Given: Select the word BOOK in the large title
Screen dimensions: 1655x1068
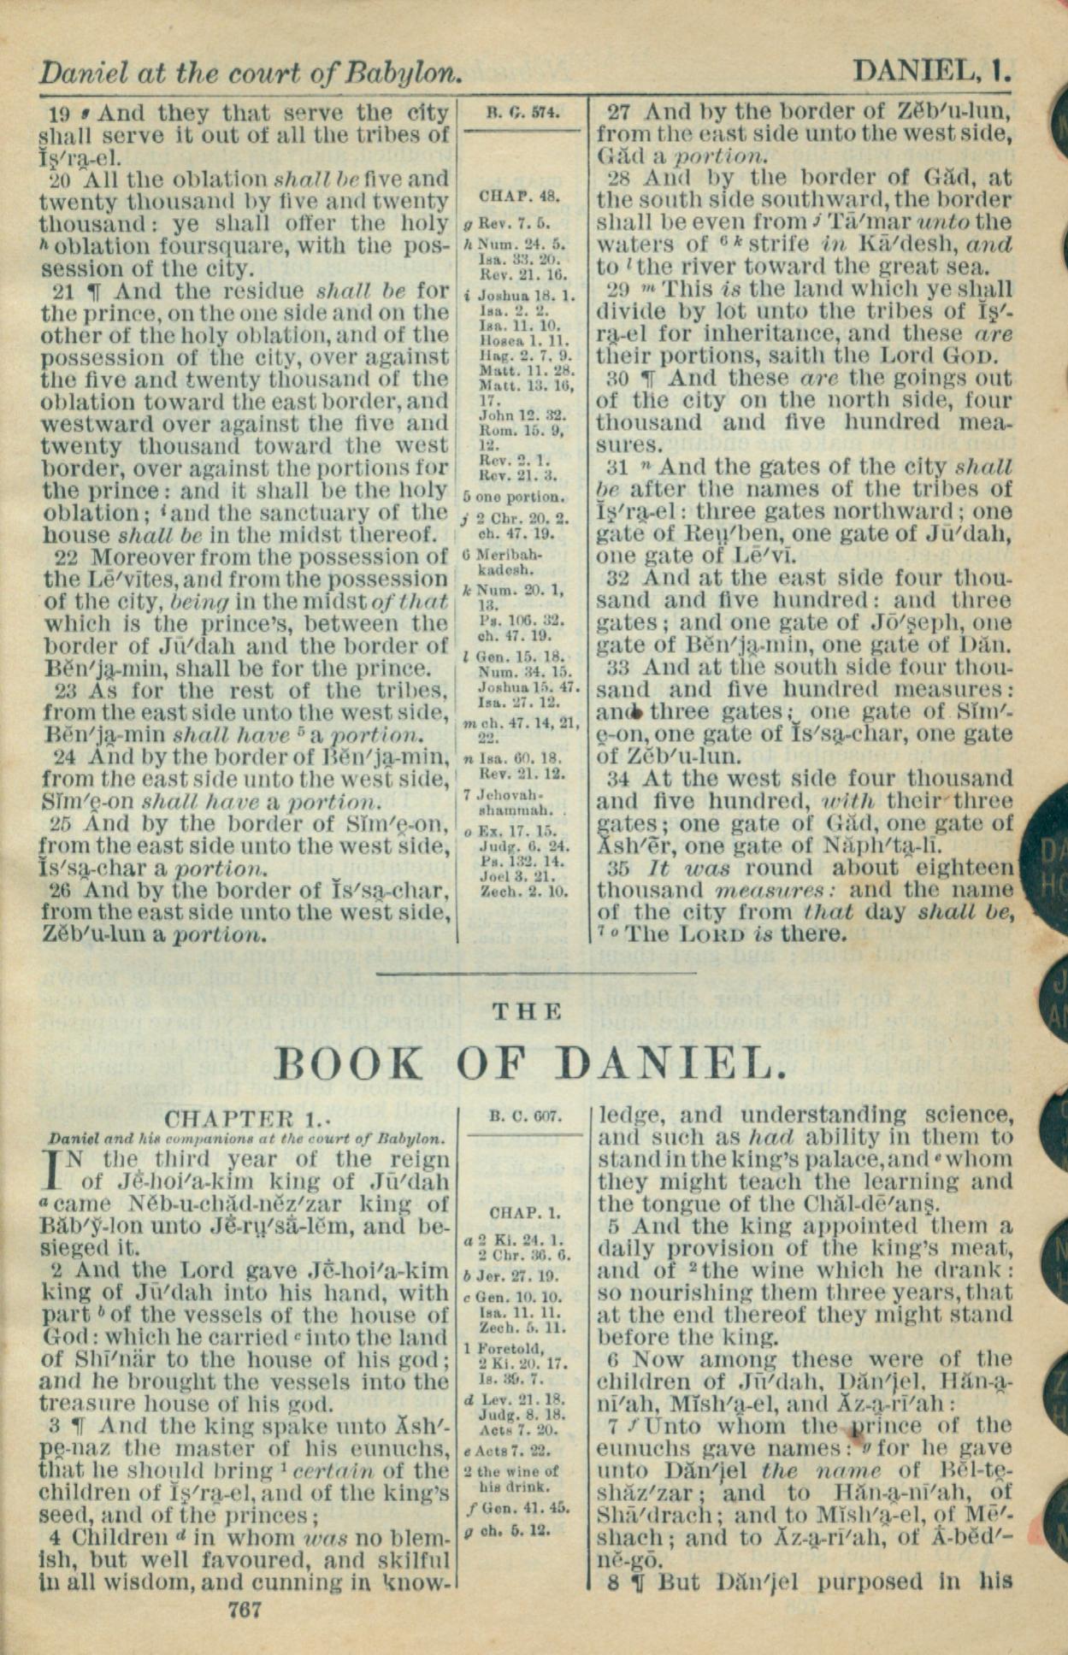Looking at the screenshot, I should tap(351, 1064).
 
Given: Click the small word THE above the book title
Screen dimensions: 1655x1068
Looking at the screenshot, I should tap(528, 1012).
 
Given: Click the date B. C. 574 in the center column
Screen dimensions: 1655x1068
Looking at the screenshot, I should tap(522, 111).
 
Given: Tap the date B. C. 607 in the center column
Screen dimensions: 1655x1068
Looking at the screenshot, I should tap(525, 1116).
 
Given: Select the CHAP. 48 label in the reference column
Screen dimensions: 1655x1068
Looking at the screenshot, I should tap(519, 197).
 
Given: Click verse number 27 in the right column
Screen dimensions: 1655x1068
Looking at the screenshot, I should tap(620, 111).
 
